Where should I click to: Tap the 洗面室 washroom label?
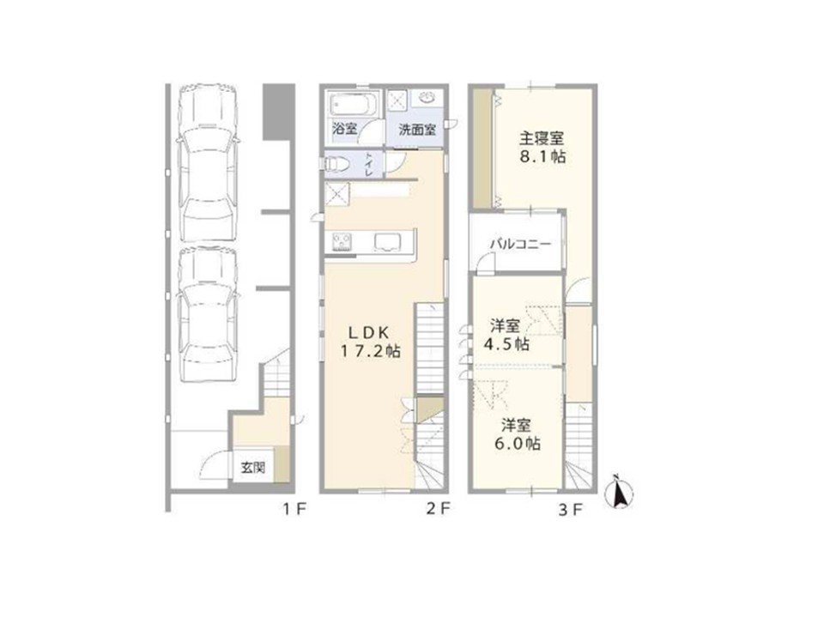(x=417, y=130)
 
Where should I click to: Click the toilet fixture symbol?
(x=338, y=163)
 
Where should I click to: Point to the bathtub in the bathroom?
(x=349, y=106)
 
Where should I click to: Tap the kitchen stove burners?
(x=339, y=241)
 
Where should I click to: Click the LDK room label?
(x=369, y=331)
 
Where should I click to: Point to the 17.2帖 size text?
(x=369, y=351)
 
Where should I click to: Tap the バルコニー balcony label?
(x=518, y=244)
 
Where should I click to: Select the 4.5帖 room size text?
(x=509, y=344)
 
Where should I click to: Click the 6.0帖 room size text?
(x=520, y=444)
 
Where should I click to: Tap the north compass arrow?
(x=618, y=494)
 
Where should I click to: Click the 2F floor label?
(x=439, y=509)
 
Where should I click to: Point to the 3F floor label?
(x=571, y=509)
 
